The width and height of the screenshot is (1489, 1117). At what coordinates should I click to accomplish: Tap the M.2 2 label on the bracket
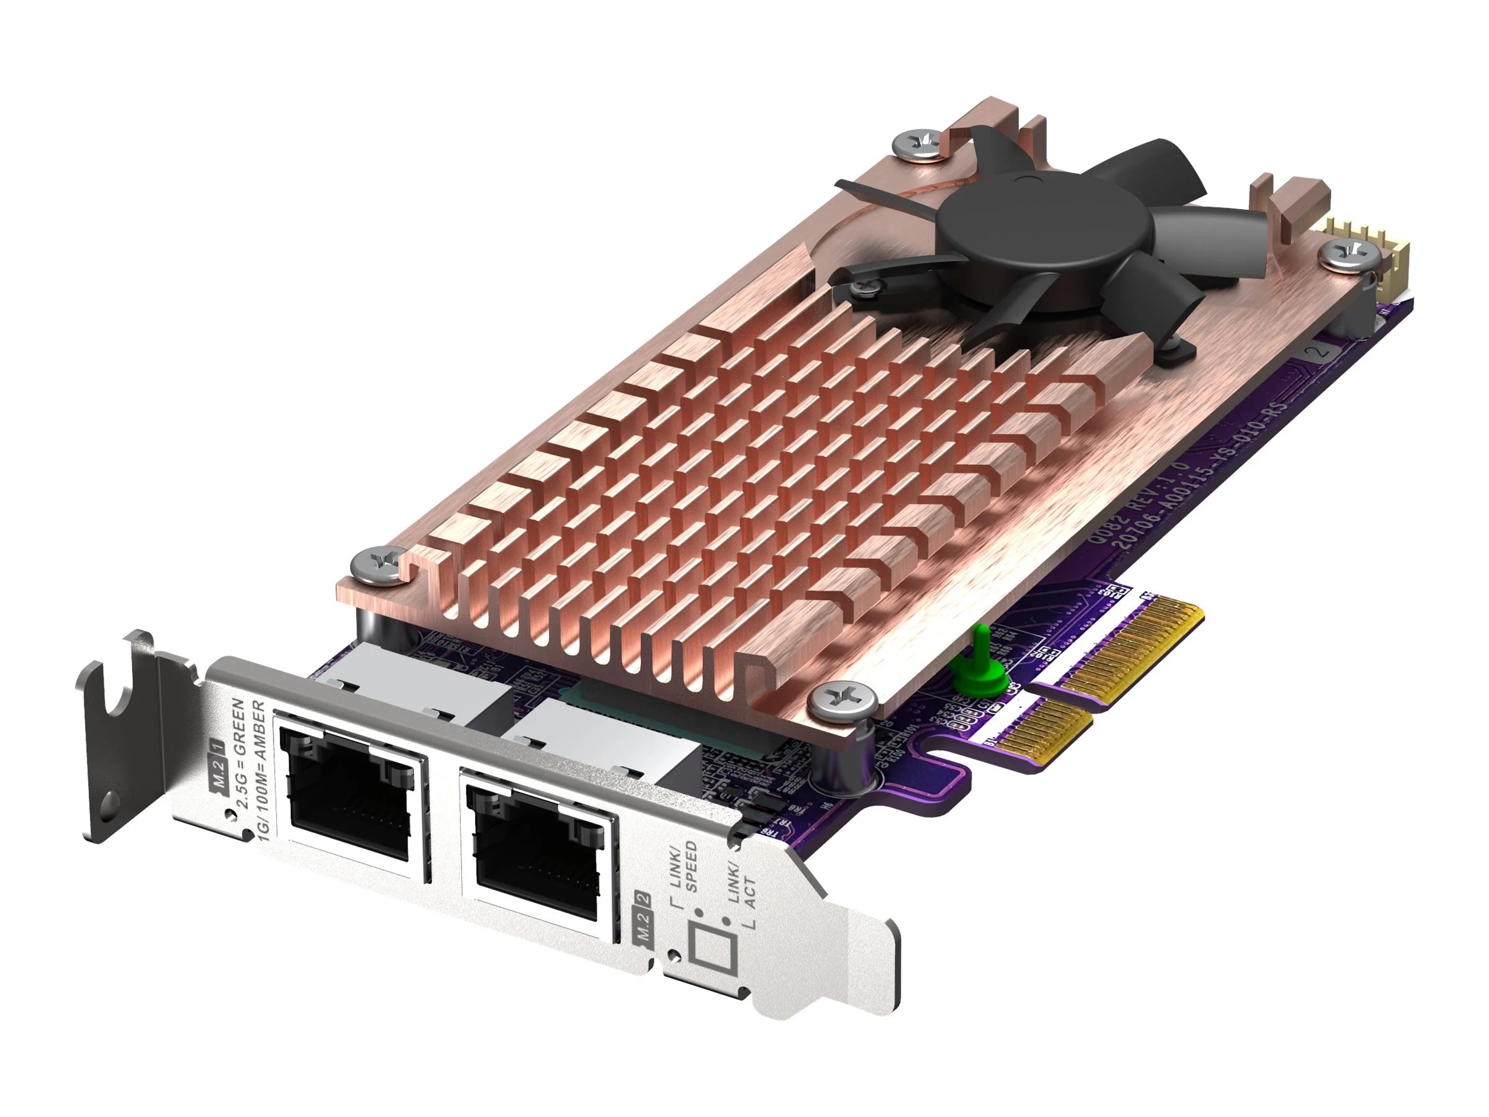[x=643, y=920]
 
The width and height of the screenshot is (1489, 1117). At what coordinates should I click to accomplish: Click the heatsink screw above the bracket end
[x=377, y=564]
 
